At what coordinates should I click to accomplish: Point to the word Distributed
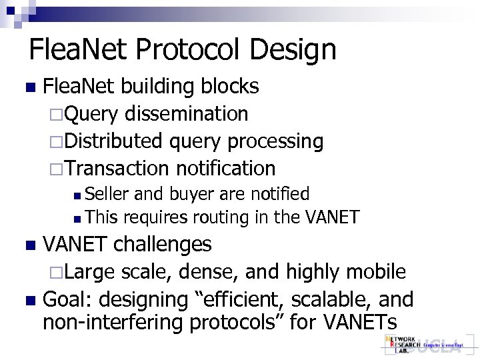click(x=114, y=141)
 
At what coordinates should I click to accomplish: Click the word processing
click(x=276, y=141)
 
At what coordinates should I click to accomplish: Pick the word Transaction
click(x=119, y=168)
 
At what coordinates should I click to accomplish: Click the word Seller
click(x=109, y=194)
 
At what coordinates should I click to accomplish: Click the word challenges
click(x=163, y=244)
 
